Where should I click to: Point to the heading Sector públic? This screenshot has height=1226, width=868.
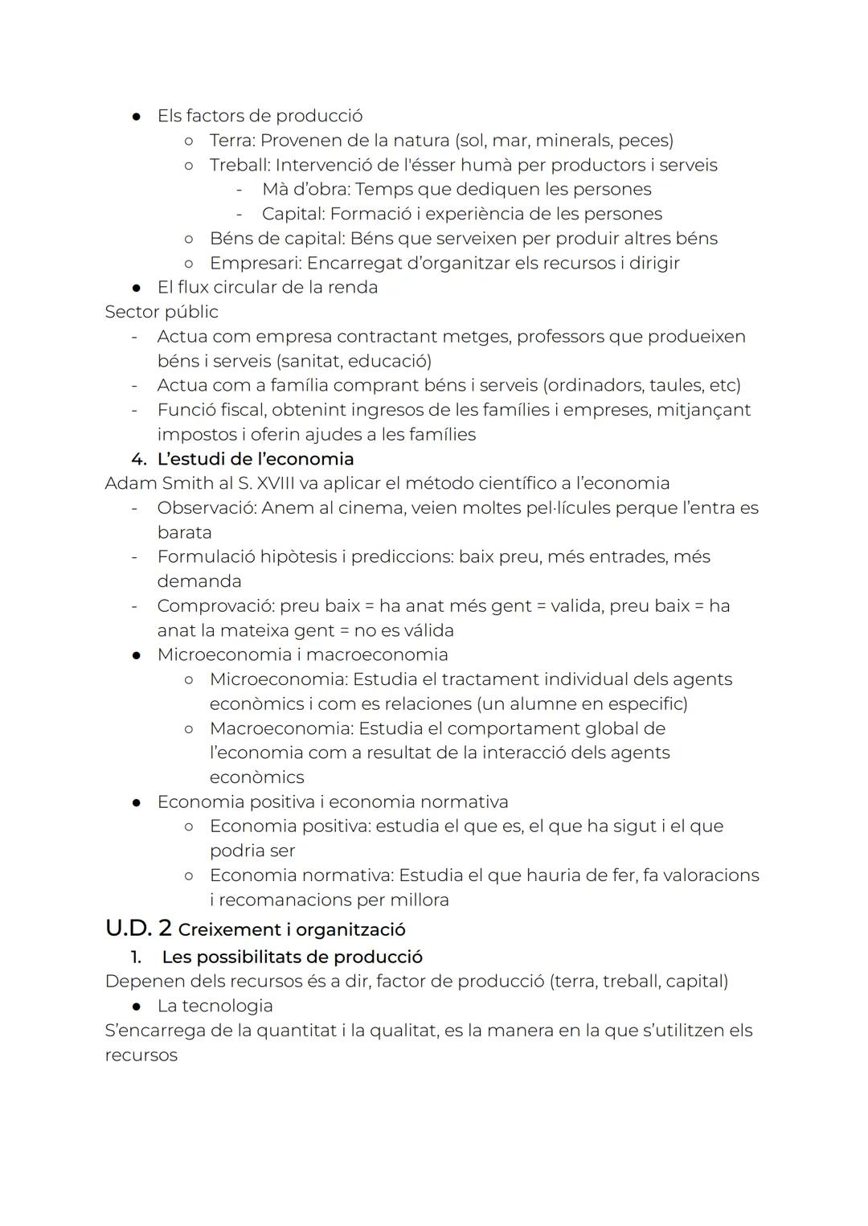(x=162, y=312)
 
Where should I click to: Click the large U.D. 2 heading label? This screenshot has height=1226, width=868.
(x=138, y=928)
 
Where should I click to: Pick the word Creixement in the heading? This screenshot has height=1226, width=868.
(x=220, y=930)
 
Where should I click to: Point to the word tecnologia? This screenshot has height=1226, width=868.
(x=227, y=1006)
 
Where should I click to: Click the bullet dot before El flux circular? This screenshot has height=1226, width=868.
(x=138, y=288)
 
